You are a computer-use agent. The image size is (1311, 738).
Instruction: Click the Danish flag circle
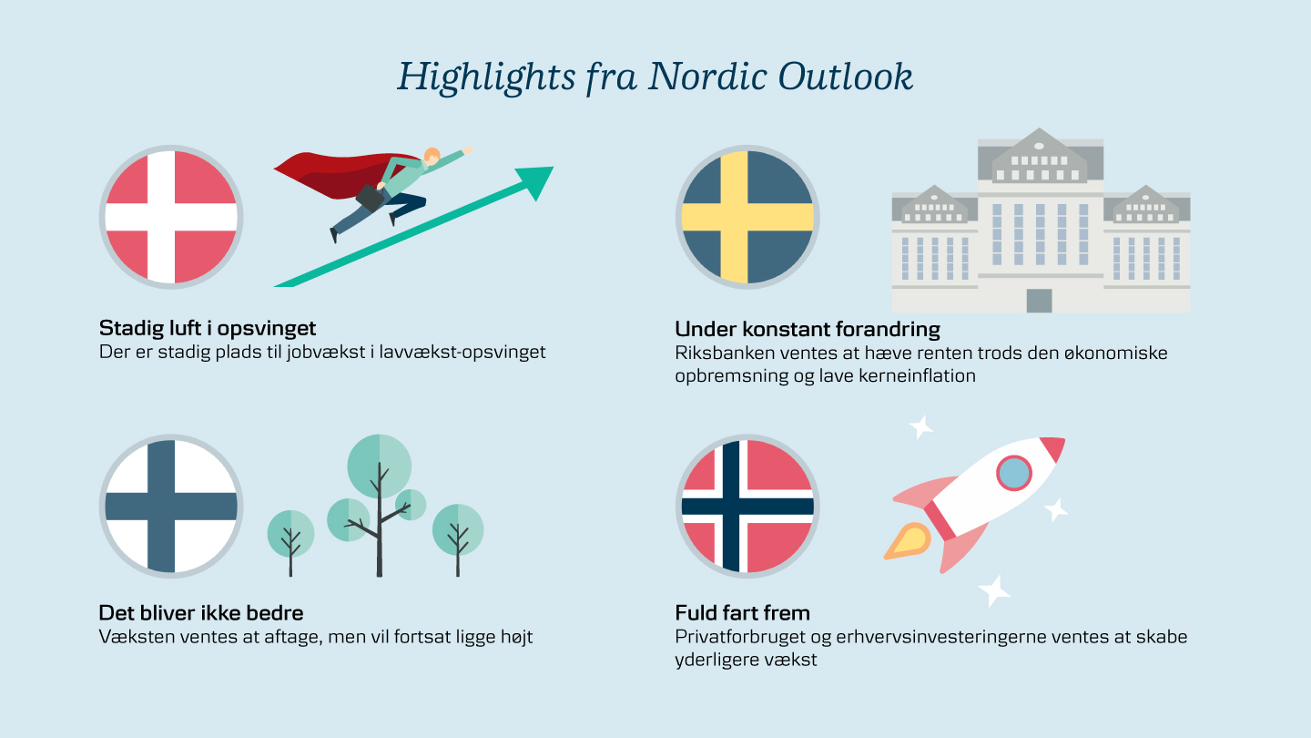point(171,217)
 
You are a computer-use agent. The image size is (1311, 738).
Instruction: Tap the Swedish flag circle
point(747,217)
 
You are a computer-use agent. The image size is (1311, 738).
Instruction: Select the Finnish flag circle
point(171,506)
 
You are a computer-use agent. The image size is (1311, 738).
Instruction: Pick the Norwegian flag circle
point(747,506)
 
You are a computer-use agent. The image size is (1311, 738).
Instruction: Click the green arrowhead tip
point(554,168)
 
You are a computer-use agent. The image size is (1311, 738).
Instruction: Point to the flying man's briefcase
point(370,198)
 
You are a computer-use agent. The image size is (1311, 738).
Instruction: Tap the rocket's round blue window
point(1014,473)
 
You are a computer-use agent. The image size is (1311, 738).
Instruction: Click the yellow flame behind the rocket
point(908,541)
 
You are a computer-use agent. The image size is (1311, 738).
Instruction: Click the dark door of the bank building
point(1039,301)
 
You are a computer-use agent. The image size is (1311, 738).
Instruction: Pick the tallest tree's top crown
point(380,466)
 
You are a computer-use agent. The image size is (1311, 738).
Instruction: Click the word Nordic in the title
point(706,77)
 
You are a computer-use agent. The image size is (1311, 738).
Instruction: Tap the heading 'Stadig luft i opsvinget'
point(208,329)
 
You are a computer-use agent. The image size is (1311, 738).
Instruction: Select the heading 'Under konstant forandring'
point(808,329)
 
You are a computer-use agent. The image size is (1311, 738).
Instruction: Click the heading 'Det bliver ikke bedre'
point(201,613)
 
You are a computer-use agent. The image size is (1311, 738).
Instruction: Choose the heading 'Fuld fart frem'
point(743,613)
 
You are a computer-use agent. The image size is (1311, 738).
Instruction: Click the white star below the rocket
point(994,590)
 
